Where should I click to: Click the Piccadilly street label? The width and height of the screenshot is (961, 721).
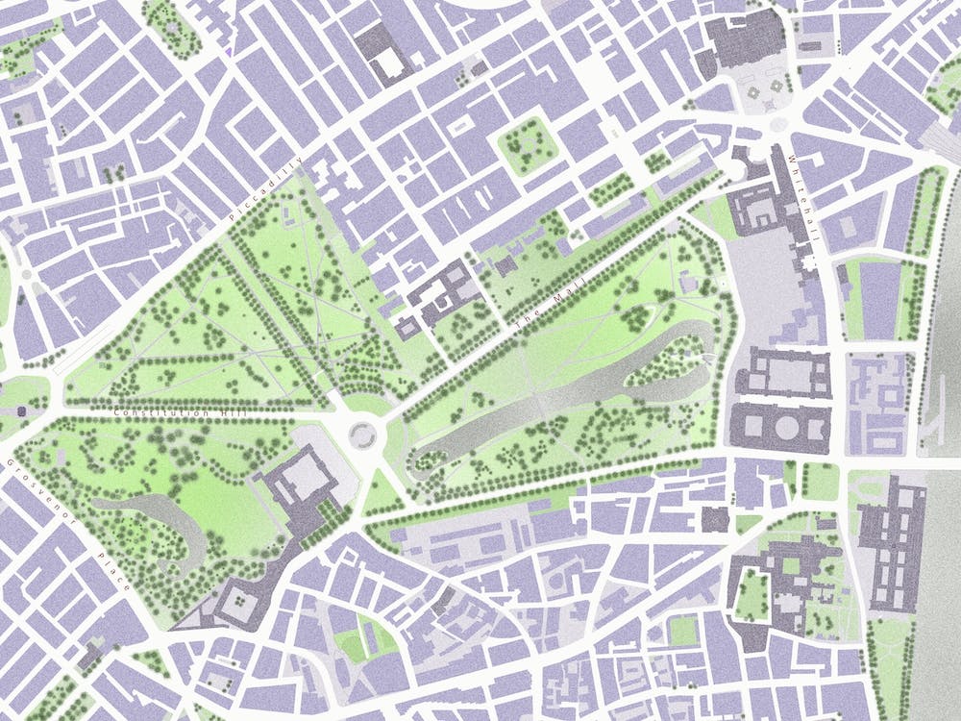268,189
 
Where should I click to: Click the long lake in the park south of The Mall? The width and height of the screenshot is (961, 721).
538,404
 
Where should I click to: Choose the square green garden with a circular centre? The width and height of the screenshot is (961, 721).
527,145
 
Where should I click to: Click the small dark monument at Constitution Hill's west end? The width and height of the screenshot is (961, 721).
21,411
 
